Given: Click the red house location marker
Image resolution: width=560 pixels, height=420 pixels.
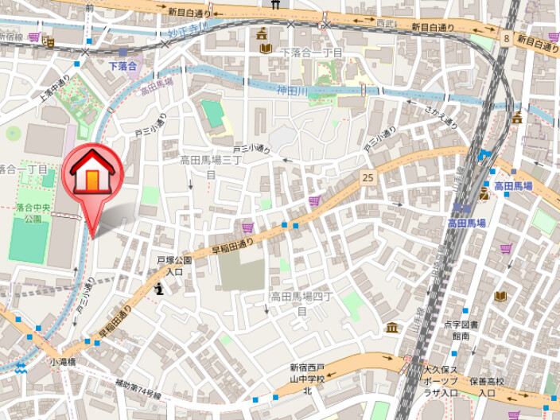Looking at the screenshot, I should click(x=93, y=175).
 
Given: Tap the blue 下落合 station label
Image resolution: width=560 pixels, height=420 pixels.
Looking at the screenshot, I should click(x=123, y=65).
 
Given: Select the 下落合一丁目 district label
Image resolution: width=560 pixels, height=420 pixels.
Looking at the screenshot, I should click(x=313, y=52).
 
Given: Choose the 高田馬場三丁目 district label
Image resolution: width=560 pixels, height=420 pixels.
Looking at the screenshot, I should click(x=211, y=165).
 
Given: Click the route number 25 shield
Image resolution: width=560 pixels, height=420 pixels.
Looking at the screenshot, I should click(x=367, y=177).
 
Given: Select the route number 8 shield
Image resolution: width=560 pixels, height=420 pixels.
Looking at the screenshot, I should click(x=506, y=37).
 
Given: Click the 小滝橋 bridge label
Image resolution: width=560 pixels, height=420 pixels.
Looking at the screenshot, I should click(x=62, y=361).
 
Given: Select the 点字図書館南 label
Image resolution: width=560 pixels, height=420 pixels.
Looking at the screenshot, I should click(x=461, y=330).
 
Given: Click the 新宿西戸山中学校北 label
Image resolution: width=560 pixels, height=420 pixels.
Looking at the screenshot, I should click(x=307, y=379).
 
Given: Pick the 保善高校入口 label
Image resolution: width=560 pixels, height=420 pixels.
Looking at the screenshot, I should click(x=488, y=387).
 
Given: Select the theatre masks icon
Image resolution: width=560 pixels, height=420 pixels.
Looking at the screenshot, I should click(x=483, y=192).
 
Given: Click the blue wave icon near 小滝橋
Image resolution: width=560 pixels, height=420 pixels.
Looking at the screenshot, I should click(x=21, y=367).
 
